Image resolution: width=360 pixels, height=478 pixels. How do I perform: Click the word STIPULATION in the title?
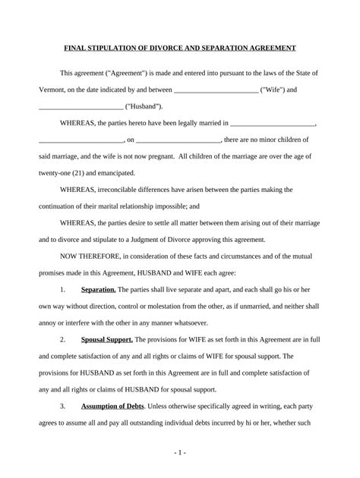112,48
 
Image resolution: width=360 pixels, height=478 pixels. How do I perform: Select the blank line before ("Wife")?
216,90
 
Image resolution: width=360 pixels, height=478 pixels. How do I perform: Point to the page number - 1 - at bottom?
179,452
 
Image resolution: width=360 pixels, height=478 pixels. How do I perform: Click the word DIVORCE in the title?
172,48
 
